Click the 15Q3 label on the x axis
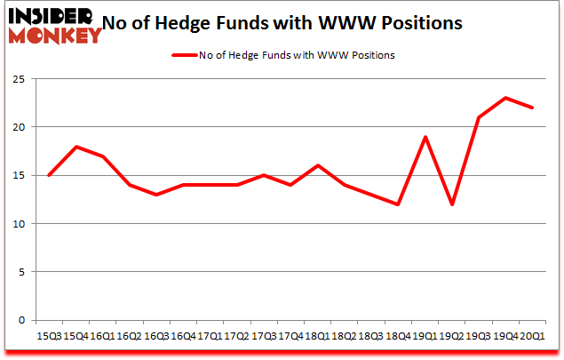48,335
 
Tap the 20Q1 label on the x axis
533,335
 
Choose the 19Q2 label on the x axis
452,335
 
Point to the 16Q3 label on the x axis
155,335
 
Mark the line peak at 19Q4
505,98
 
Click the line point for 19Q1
425,137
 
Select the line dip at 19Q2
452,204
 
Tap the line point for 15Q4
75,147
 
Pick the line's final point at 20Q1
532,108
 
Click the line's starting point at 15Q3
48,175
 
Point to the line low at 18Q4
398,204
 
